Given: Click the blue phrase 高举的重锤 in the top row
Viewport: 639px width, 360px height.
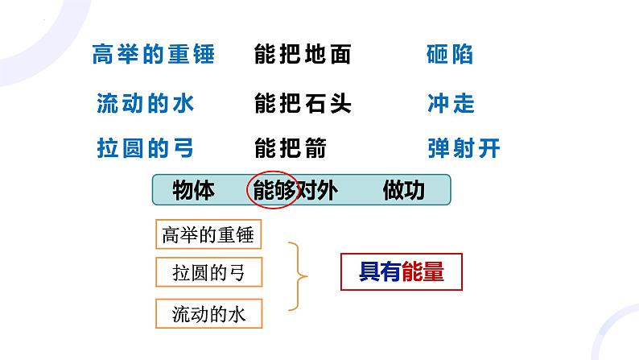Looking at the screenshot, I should [x=153, y=55].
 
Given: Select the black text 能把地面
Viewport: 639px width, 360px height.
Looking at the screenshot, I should [x=303, y=55].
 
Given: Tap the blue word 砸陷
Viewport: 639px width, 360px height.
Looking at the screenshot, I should [x=449, y=55].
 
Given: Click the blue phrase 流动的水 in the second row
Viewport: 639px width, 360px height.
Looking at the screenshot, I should [x=145, y=103].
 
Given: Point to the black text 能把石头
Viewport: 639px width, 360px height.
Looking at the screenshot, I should [x=303, y=103].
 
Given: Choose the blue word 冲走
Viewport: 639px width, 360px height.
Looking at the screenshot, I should [x=451, y=103].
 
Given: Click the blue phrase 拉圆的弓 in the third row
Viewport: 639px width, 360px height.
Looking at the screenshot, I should [x=145, y=148].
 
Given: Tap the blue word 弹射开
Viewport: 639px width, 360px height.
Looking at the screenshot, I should [x=464, y=148].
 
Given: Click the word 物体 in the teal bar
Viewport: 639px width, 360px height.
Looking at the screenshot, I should [x=193, y=191].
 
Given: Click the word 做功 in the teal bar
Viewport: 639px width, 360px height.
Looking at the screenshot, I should [x=404, y=191].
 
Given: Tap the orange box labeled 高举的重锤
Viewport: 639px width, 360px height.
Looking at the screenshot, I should [x=208, y=234].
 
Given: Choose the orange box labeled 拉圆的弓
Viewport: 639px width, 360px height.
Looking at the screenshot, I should [x=208, y=273].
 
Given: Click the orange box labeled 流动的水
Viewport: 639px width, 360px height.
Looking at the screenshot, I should [x=208, y=312].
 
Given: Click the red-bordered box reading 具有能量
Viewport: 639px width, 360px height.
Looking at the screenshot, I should [x=402, y=272].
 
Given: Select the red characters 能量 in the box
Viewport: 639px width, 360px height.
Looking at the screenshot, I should [x=423, y=272].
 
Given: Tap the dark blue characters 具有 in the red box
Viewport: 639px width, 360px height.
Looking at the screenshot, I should [x=380, y=272].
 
